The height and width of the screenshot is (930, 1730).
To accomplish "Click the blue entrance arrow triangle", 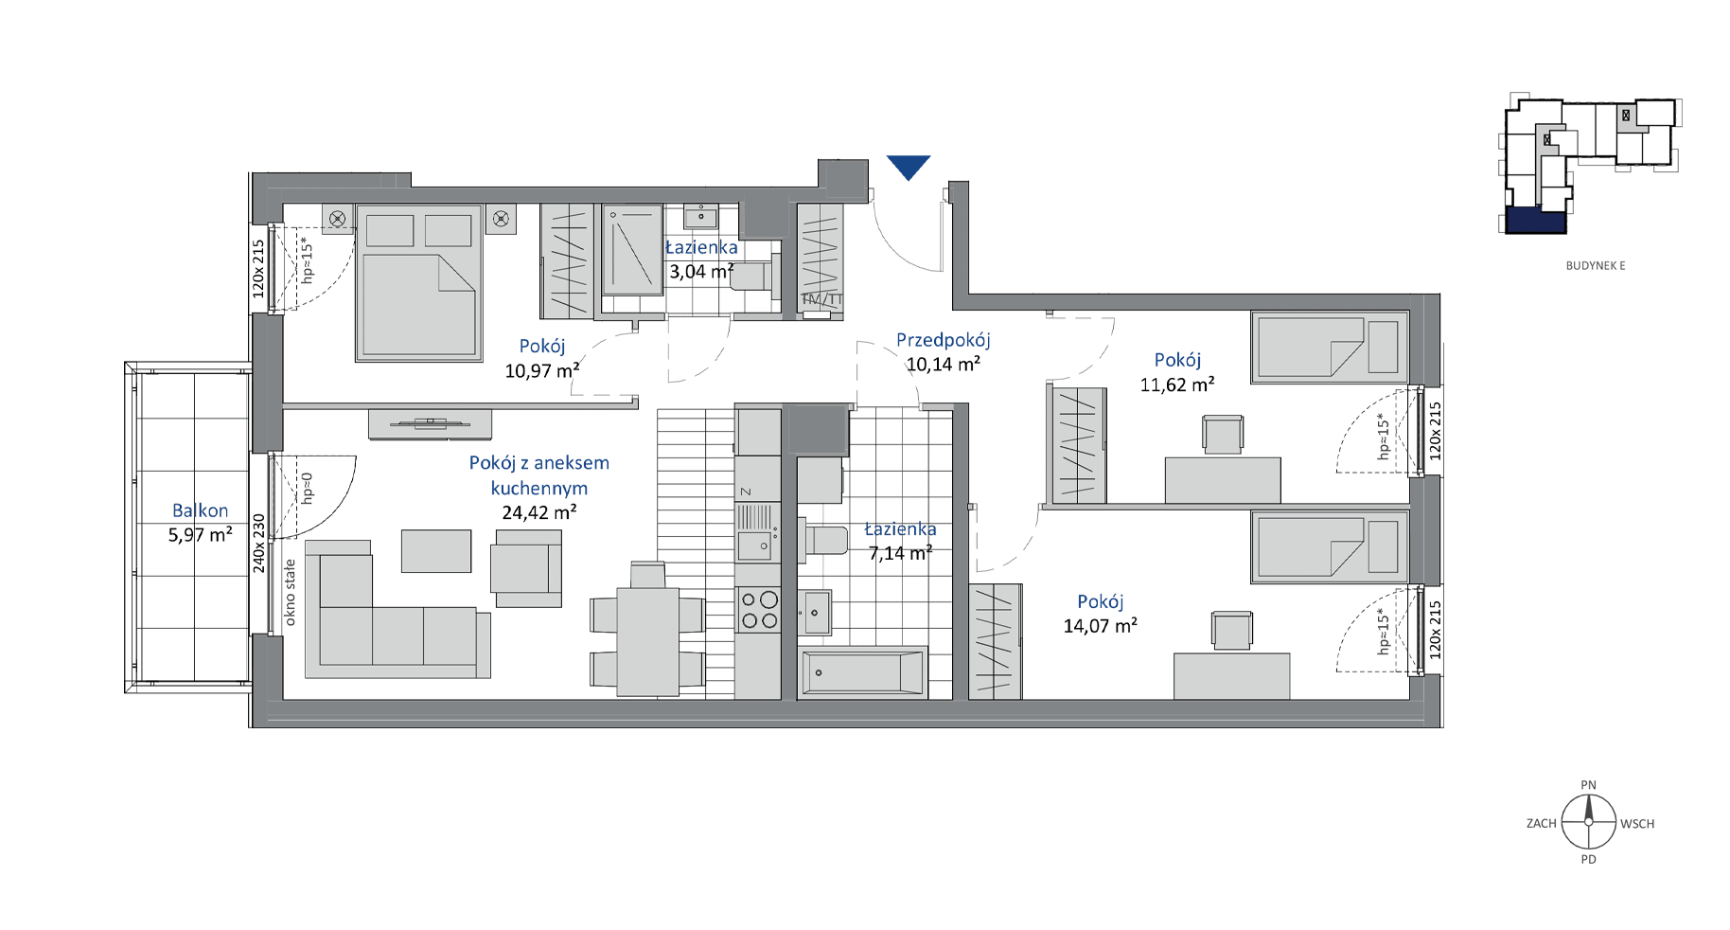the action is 909,166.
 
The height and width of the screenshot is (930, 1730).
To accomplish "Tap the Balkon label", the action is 200,510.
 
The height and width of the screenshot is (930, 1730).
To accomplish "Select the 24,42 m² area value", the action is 539,512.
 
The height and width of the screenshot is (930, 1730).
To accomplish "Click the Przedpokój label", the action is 944,340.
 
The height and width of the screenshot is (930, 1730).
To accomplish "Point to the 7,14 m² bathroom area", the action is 901,553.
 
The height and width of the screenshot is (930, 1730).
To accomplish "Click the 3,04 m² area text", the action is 701,272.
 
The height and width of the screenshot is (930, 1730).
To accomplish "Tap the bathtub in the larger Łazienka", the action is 862,673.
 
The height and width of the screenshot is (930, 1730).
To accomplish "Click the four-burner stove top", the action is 759,610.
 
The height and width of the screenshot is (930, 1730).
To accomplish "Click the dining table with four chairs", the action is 648,631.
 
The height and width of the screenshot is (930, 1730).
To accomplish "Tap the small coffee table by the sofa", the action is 436,551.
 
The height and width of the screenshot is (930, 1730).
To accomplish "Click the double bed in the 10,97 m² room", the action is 419,283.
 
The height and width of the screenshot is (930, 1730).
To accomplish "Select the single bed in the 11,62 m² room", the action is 1330,348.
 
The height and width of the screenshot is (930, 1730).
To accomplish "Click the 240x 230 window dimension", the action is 259,543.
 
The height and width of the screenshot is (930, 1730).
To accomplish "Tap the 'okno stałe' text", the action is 290,593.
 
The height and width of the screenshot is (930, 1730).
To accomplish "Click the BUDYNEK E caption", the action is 1596,266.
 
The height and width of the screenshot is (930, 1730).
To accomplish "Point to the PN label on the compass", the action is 1589,785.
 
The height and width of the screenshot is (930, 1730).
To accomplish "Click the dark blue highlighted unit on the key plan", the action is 1536,221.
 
